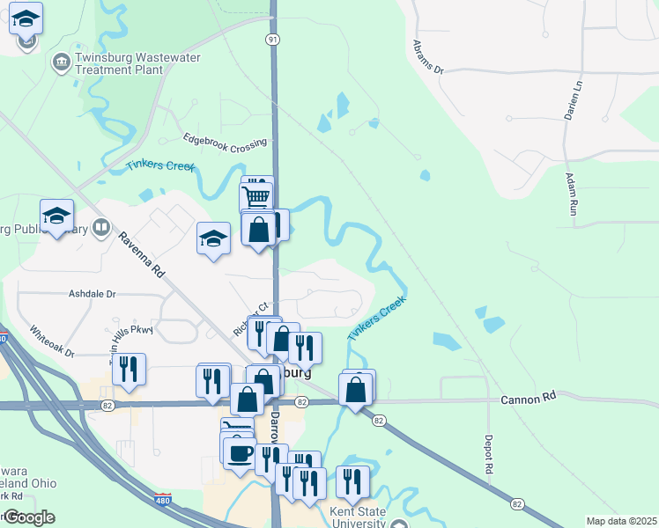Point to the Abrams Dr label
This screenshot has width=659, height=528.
pos(426,56)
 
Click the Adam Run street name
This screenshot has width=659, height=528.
pos(573,194)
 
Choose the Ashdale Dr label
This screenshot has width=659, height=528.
pos(93,295)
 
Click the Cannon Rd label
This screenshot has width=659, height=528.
pos(529,398)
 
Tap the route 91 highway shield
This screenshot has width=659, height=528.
pos(274,40)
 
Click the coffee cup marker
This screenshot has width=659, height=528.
pos(240,454)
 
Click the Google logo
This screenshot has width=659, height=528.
pos(28,517)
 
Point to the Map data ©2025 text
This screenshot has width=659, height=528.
pos(621,521)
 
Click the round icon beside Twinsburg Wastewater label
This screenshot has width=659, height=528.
pos(62,62)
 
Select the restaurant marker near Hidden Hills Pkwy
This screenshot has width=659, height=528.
pos(129,370)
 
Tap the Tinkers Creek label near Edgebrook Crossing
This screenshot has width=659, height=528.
pos(160,165)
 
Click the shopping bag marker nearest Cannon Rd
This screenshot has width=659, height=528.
pos(355,390)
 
